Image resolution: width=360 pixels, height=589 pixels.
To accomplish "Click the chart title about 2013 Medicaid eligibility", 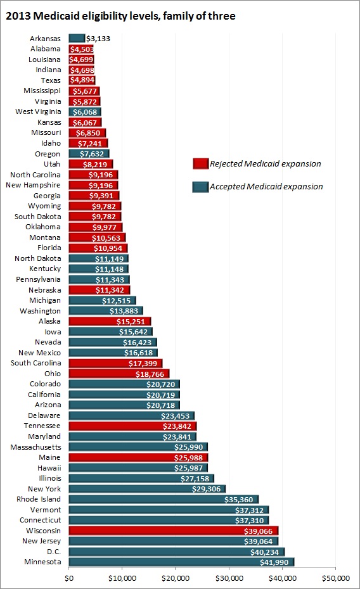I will [120, 16].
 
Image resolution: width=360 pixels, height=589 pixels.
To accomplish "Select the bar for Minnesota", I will [181, 562].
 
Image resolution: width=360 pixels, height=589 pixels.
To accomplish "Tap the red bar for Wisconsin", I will [172, 531].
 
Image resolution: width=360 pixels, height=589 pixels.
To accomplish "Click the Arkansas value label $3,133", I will [98, 39].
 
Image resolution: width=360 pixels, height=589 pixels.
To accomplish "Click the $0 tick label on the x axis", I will [68, 578].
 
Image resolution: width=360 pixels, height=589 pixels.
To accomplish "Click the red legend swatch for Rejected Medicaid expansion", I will [200, 164].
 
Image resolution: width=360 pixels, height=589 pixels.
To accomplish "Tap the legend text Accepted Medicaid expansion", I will [266, 186].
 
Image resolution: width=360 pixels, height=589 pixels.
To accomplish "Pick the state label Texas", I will [50, 80].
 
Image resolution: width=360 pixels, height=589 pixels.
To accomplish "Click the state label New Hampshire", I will [35, 185].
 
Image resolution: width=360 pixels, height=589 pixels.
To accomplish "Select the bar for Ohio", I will [119, 374].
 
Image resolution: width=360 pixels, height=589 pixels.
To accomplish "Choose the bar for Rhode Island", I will [163, 499].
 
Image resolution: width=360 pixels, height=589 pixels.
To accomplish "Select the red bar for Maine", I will [138, 457].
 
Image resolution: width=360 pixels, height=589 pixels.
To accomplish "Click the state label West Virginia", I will [38, 111].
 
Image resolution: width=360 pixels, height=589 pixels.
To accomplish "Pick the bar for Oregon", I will [89, 154].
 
